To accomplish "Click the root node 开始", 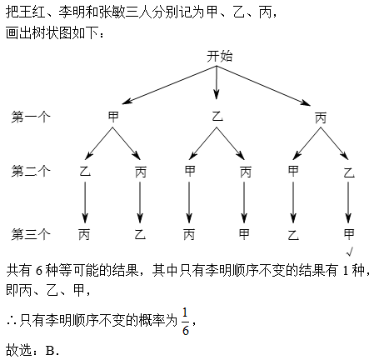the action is coord(219,57).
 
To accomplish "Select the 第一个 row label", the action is coord(31,117).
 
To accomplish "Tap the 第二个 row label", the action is coord(31,171).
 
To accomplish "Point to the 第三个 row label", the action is coord(31,234).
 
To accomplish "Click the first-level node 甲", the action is coord(113,117).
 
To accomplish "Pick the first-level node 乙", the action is coord(217,116).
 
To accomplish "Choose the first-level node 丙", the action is coord(321,117).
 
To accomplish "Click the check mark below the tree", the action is coord(349,252).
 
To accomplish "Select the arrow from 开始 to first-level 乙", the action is coord(217,82).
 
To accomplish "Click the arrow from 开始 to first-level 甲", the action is coord(169,85).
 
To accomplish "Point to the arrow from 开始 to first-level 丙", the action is coord(263,86).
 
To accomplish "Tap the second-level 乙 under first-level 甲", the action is coord(85,171).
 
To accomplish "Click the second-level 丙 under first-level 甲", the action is coord(141,172).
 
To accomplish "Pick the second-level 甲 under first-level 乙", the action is coord(190,171).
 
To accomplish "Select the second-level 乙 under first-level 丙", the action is coord(349,172).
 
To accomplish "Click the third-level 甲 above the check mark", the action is coord(349,234).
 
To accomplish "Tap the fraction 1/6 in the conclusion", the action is coord(186,322).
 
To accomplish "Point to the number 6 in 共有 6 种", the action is coord(39,270).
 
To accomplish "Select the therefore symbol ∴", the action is coord(12,322).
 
